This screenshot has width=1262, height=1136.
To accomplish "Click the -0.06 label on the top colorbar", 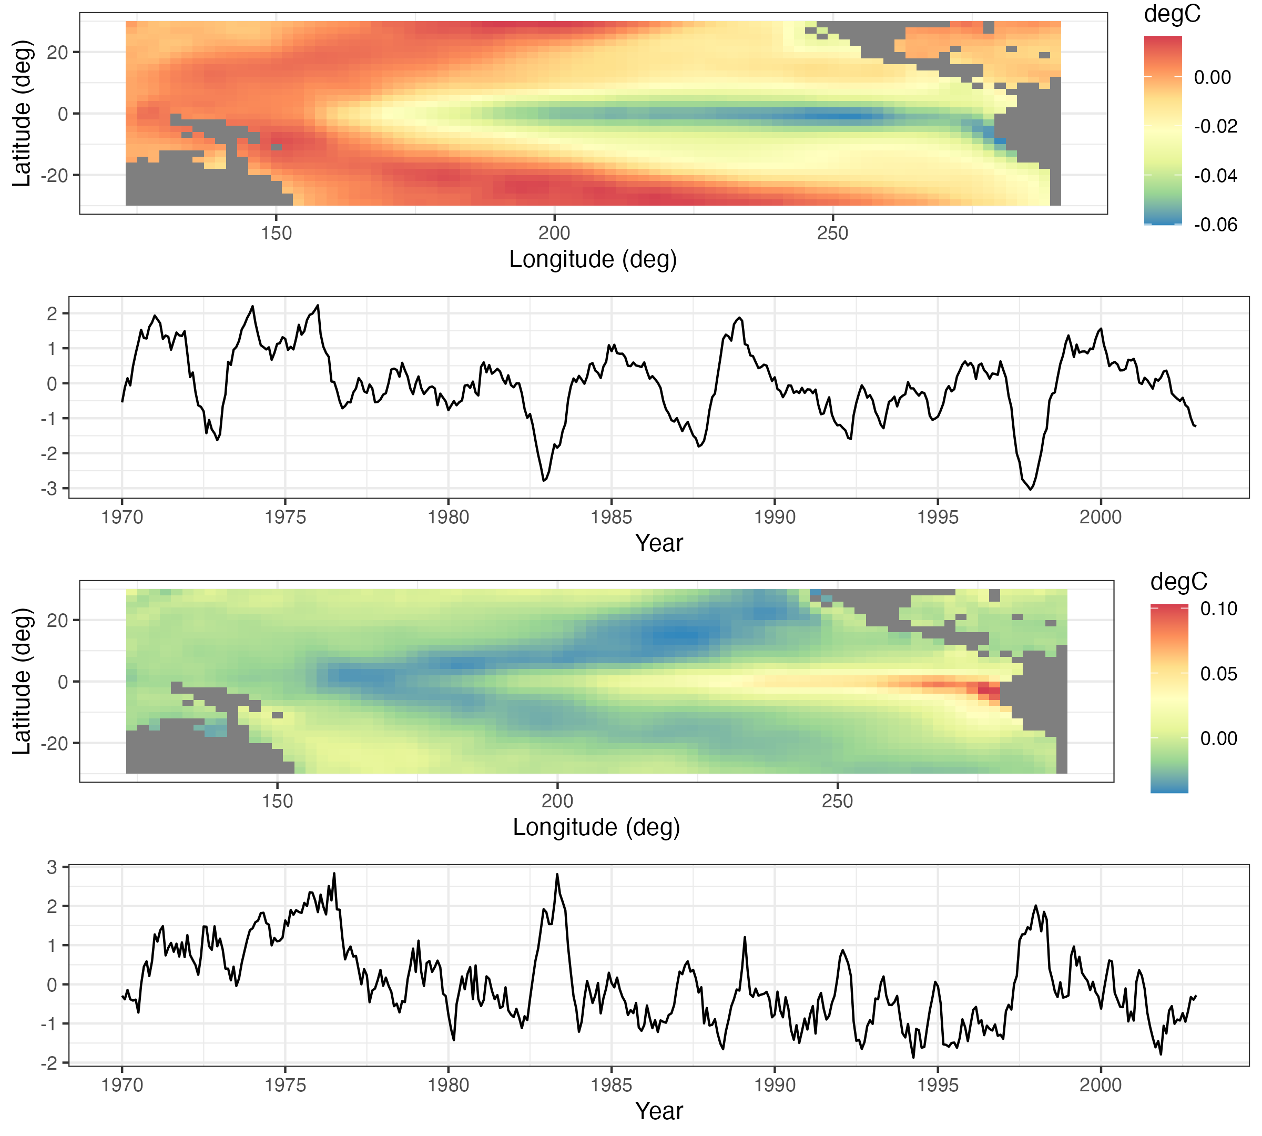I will tap(1215, 225).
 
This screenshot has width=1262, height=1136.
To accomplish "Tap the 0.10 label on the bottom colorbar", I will tap(1218, 608).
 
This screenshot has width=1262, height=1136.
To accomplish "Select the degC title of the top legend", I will tap(1172, 14).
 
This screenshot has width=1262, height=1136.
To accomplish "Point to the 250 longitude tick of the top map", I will tap(832, 234).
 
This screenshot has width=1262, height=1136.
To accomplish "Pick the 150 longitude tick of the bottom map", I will tap(277, 801).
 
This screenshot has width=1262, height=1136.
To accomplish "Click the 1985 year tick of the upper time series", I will tap(611, 518).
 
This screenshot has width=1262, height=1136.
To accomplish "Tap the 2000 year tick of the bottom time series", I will tap(1101, 1085).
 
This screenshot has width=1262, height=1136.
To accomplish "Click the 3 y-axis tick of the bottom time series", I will tap(52, 867).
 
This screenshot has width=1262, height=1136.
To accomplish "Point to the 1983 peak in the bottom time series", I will tap(557, 875).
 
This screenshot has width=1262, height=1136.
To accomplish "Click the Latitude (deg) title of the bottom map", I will tap(21, 681).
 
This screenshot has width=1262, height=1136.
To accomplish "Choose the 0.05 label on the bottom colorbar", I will tap(1218, 674).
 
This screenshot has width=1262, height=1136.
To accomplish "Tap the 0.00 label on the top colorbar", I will tap(1212, 77).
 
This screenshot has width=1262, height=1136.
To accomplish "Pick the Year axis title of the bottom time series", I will tap(658, 1112).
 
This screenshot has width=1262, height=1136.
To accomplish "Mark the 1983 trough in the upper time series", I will tap(544, 481).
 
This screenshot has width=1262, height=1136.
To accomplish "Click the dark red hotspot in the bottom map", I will tap(988, 692).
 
